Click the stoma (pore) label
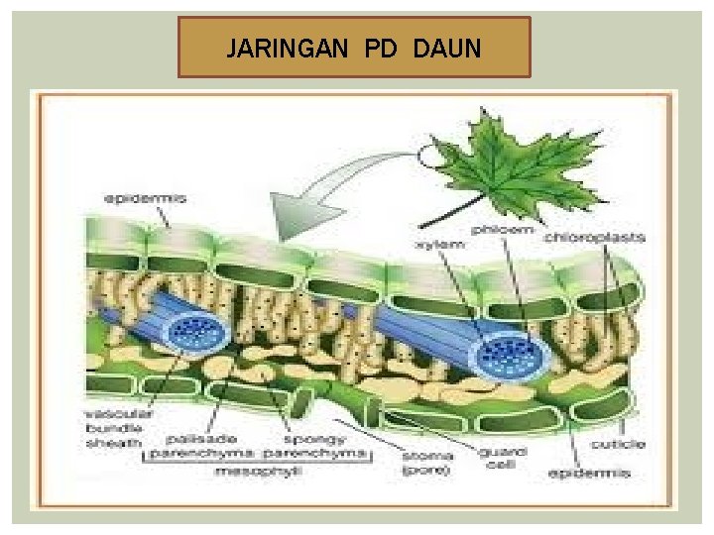(x=428, y=463)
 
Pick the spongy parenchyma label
(x=318, y=446)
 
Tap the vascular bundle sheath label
(x=112, y=427)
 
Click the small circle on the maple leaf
(x=432, y=156)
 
